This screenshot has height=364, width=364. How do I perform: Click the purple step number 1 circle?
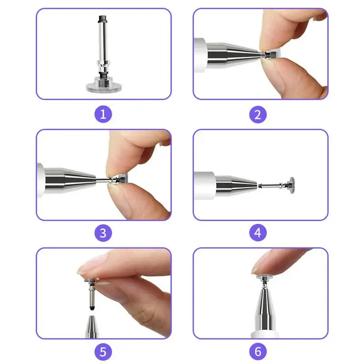(x=103, y=113)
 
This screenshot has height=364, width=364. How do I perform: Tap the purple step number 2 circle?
(x=258, y=113)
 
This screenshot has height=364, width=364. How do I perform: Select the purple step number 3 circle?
(x=103, y=233)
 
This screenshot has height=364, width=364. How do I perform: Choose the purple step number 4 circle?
(x=258, y=233)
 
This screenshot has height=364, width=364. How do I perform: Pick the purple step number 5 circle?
(x=103, y=351)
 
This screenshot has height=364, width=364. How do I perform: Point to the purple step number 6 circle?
(x=258, y=351)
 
